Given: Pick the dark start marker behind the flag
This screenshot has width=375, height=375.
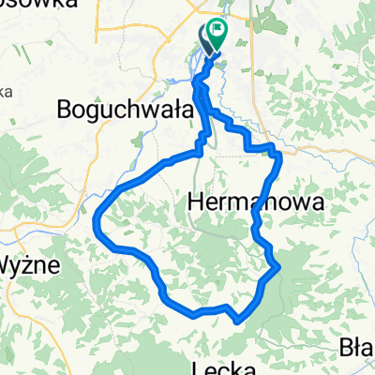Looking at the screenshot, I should [205, 39].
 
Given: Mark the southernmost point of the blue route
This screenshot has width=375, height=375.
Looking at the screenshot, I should [237, 322].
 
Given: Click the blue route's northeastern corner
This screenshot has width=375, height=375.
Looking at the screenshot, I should [279, 150].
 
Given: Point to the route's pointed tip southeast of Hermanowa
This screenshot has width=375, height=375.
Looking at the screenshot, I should [280, 269].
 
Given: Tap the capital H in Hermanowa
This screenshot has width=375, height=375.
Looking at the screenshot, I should [197, 202].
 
